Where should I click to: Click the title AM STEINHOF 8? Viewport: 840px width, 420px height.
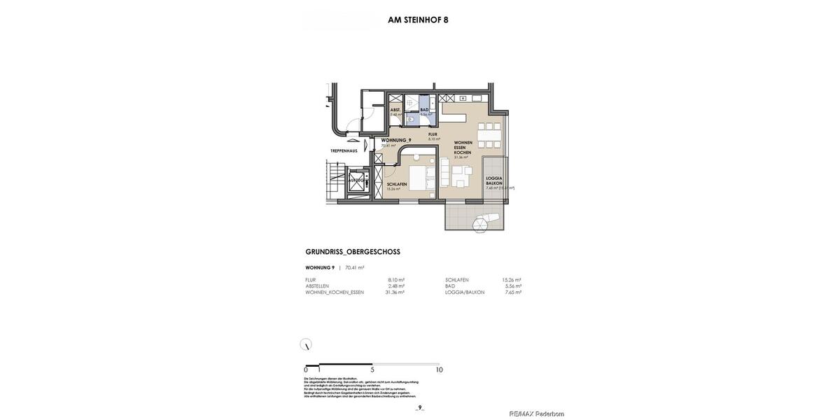coord(418,20)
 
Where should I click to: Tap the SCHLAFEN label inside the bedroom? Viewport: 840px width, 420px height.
coord(396,184)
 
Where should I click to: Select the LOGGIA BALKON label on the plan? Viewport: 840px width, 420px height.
coord(494,181)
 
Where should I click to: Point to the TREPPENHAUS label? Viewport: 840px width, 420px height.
coord(344,150)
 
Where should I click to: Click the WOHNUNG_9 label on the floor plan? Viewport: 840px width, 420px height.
coord(395,140)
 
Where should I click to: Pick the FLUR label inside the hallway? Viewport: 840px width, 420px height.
coord(433,134)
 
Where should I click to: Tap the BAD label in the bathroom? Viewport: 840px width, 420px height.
coord(424,110)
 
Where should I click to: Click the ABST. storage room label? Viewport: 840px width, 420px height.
coord(395,110)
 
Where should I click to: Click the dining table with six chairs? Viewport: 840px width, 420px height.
coord(489,134)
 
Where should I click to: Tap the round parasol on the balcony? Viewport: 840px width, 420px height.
coord(480,225)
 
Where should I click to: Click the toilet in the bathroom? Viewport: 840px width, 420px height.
coord(411,119)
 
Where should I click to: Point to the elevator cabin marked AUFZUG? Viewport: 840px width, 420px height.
coord(356,181)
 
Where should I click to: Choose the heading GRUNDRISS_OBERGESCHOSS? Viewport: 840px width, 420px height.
coord(353,252)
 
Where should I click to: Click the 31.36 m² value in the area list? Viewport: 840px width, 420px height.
coord(395,293)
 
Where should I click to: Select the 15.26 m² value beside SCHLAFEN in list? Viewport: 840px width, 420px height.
coord(511,280)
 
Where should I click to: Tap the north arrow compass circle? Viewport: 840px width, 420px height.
coord(306,344)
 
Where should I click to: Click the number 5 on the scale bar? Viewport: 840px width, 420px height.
coord(372,370)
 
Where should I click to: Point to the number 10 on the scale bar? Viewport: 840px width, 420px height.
coord(439,370)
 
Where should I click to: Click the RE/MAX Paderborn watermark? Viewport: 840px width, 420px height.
coord(536,414)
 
